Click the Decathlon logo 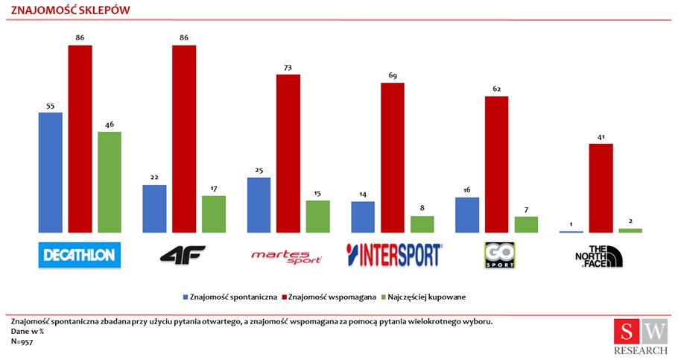79,255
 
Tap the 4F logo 183,255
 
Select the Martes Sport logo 287,256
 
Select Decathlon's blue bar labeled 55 50,172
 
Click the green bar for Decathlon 110,182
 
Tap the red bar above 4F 184,139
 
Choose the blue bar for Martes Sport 259,205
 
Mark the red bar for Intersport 393,157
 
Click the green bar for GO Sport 527,224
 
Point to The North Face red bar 601,188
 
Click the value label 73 288,68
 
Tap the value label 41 601,137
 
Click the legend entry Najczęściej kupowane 425,297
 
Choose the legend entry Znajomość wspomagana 329,297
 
